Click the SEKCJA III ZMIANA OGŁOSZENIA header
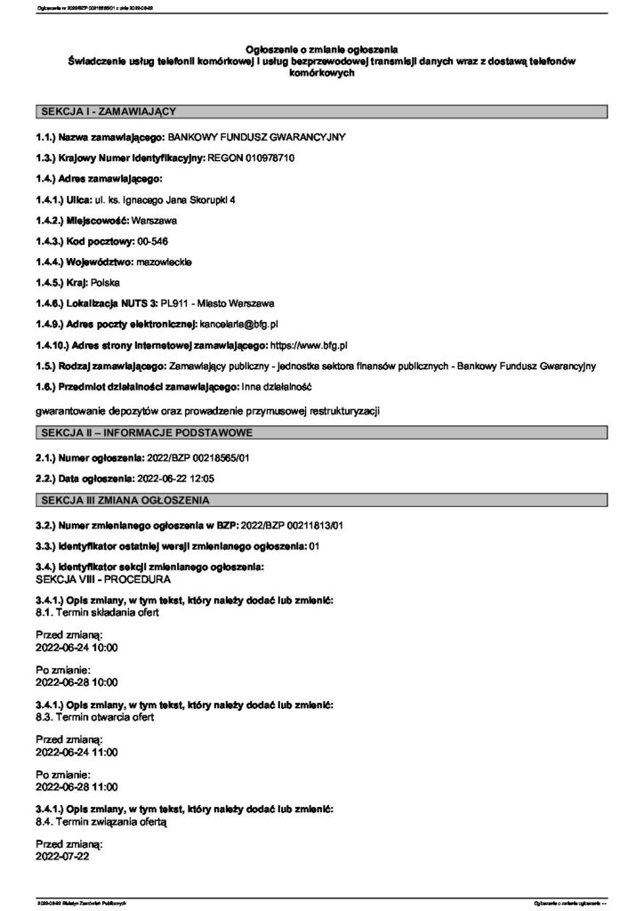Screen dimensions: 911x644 tap(125, 500)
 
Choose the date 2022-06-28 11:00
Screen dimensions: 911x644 tap(76, 786)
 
